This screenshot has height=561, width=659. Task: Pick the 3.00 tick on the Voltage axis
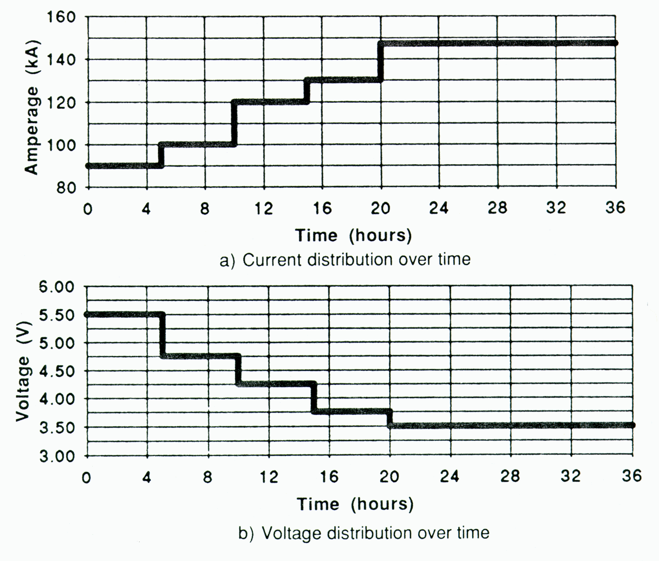tap(59, 456)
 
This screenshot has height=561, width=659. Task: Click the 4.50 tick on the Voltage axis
tap(59, 371)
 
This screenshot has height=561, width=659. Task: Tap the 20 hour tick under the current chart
tap(380, 209)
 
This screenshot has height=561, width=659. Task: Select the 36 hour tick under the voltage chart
tap(631, 476)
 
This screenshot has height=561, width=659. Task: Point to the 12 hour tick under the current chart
tap(263, 209)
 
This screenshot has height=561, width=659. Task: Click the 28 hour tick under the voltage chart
tap(511, 476)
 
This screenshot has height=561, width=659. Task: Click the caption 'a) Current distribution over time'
tap(345, 260)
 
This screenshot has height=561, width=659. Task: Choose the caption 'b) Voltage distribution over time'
tap(363, 533)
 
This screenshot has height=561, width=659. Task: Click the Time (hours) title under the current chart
tap(353, 235)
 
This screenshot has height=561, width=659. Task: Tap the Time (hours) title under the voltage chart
tap(355, 504)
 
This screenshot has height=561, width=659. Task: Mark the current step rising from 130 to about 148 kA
tap(380, 62)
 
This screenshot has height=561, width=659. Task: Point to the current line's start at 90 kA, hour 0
tap(88, 166)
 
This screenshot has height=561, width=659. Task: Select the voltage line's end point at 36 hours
tap(632, 425)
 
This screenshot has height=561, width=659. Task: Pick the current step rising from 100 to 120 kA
tap(234, 123)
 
